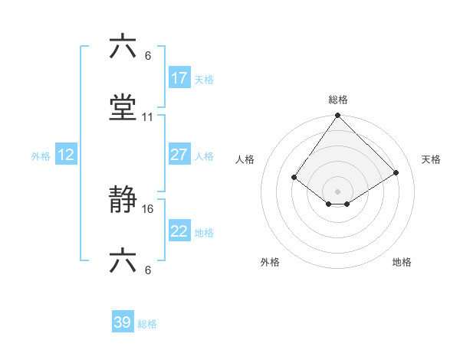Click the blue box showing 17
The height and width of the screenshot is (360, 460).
point(179,78)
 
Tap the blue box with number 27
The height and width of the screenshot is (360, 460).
point(179,155)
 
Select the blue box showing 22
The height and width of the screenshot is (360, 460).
point(179,231)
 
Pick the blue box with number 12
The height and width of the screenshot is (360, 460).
point(66,155)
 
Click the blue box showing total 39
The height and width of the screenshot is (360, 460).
point(123,322)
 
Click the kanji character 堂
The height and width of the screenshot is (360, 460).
point(124,108)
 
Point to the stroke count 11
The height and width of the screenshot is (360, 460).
point(148,117)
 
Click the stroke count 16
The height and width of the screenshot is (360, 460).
point(148,208)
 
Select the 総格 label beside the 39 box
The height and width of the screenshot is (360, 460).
point(147,324)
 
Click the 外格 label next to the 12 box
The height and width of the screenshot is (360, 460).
point(41,156)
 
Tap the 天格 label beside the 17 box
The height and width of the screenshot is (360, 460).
point(204,80)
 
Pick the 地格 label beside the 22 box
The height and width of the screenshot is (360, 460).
point(204,233)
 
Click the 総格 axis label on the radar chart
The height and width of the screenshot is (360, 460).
point(338,100)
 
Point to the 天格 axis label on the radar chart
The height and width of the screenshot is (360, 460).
point(432,159)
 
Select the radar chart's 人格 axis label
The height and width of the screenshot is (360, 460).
point(245,159)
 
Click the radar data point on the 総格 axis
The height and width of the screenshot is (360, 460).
point(338,116)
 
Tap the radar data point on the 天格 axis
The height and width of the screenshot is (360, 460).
point(396,173)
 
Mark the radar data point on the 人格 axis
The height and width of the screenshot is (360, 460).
point(294,178)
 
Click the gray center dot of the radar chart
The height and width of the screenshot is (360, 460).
point(338,191)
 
